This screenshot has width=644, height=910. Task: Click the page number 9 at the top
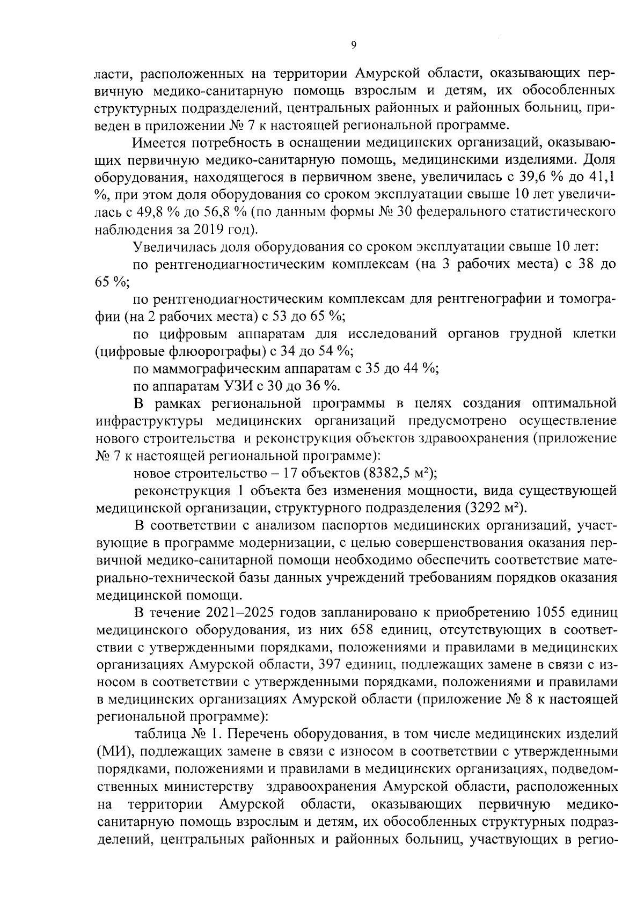353,46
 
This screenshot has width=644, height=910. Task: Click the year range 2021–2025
239,613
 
